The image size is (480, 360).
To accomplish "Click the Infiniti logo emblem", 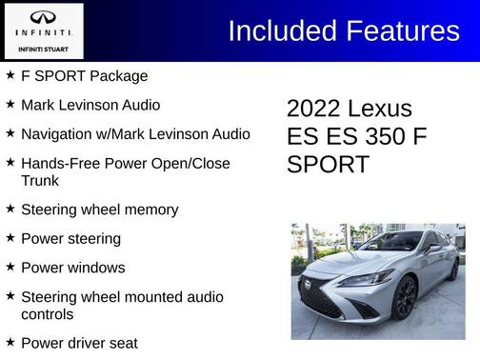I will (44, 17).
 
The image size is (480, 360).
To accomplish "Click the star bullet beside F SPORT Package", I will (10, 75).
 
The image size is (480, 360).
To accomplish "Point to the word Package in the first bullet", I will (119, 76).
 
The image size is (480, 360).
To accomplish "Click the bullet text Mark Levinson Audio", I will (90, 105).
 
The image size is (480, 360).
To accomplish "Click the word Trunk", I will (40, 180).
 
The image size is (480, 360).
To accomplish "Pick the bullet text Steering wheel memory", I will (99, 210).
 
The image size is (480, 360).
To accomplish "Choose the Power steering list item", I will (70, 238).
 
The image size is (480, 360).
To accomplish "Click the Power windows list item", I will (72, 268).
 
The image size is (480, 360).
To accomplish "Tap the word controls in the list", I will (48, 313).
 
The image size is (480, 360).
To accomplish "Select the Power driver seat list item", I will (79, 343).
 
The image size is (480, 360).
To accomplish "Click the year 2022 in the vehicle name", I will (313, 109).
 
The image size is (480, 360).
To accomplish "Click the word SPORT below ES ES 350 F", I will (328, 164).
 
